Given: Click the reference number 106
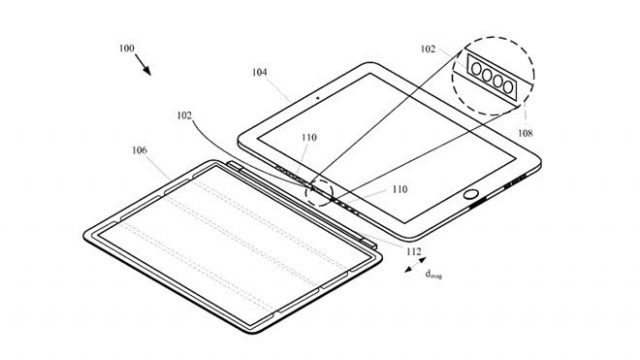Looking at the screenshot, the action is coord(139,150).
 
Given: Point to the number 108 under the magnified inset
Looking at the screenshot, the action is coord(525,132).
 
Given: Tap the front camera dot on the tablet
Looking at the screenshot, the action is coord(316,98).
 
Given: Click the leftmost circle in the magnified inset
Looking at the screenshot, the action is coord(469,72).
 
